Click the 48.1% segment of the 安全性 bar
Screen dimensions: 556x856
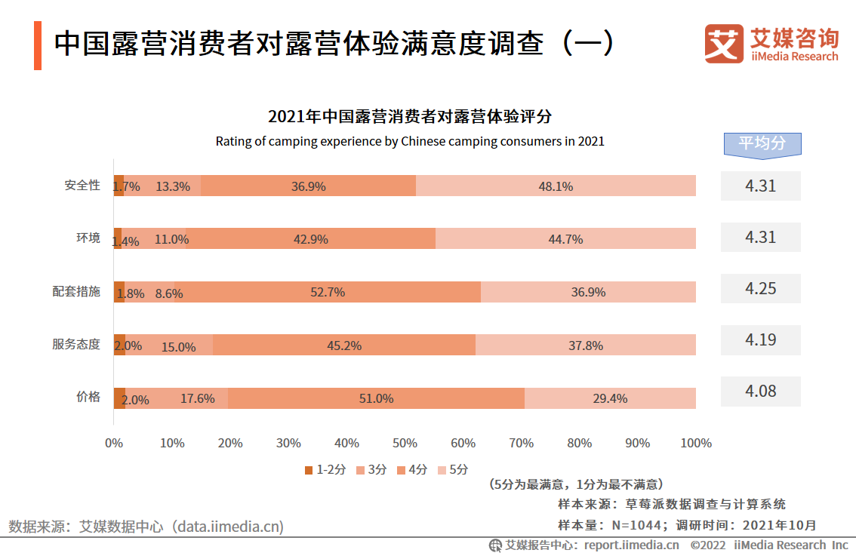(x=556, y=186)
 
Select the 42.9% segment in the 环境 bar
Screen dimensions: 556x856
(x=310, y=238)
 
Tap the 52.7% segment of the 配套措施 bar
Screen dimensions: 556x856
(x=328, y=292)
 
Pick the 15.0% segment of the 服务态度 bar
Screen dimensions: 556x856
(x=178, y=346)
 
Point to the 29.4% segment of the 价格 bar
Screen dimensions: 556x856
(x=610, y=398)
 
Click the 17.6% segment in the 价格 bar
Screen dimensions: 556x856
(x=197, y=398)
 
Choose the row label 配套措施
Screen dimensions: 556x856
(x=76, y=292)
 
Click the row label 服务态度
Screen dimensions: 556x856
(x=76, y=345)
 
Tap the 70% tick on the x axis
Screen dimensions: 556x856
(x=522, y=443)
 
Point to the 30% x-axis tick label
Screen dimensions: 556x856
(x=288, y=443)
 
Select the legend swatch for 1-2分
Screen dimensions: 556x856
(x=309, y=470)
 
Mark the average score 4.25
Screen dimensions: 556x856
(x=760, y=288)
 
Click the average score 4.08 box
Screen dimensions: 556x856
(x=760, y=391)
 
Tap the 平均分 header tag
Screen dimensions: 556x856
(x=762, y=143)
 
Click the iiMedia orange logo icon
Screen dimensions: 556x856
(x=724, y=44)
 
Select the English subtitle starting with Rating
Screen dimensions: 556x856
(x=410, y=141)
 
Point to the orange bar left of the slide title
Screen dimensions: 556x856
(x=38, y=46)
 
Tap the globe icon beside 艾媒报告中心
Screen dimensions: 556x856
(x=495, y=545)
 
